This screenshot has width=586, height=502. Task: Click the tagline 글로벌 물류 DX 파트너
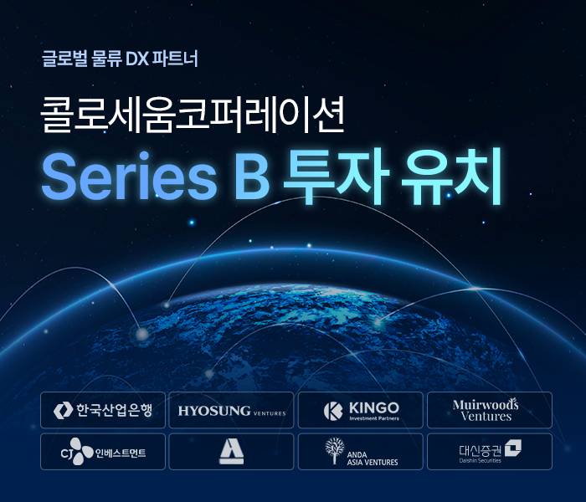(x=119, y=59)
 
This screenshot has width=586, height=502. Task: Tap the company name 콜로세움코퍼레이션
(x=193, y=117)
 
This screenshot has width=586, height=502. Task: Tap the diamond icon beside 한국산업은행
(x=63, y=410)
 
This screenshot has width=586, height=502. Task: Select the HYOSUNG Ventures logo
(x=231, y=411)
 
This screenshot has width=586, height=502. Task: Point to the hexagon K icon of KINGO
(x=334, y=410)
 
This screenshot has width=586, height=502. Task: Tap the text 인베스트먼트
(x=120, y=453)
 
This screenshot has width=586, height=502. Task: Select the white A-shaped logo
(x=231, y=452)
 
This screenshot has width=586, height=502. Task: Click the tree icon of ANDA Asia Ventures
(x=335, y=450)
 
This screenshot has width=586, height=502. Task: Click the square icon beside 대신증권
(x=511, y=448)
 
